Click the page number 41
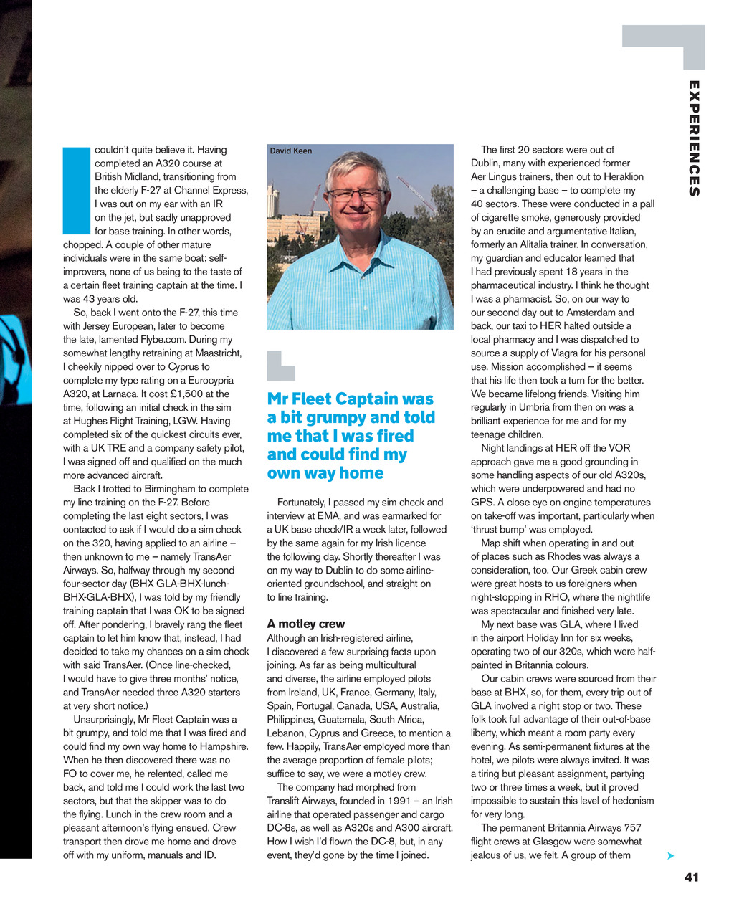click(691, 877)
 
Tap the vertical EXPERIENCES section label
click(693, 138)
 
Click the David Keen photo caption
click(291, 151)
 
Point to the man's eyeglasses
click(356, 194)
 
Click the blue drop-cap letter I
click(75, 191)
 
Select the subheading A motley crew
click(305, 624)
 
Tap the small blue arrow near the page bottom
click(669, 856)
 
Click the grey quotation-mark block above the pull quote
click(280, 365)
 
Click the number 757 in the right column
click(631, 827)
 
